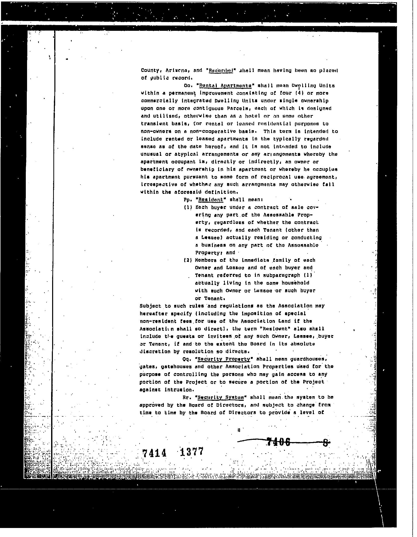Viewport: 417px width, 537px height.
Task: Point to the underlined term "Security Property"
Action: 224,359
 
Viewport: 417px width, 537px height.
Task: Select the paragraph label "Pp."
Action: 188,200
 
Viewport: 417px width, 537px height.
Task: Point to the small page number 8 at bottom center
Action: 239,430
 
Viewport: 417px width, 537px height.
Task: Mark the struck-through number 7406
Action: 278,442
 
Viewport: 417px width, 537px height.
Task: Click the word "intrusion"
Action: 179,390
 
